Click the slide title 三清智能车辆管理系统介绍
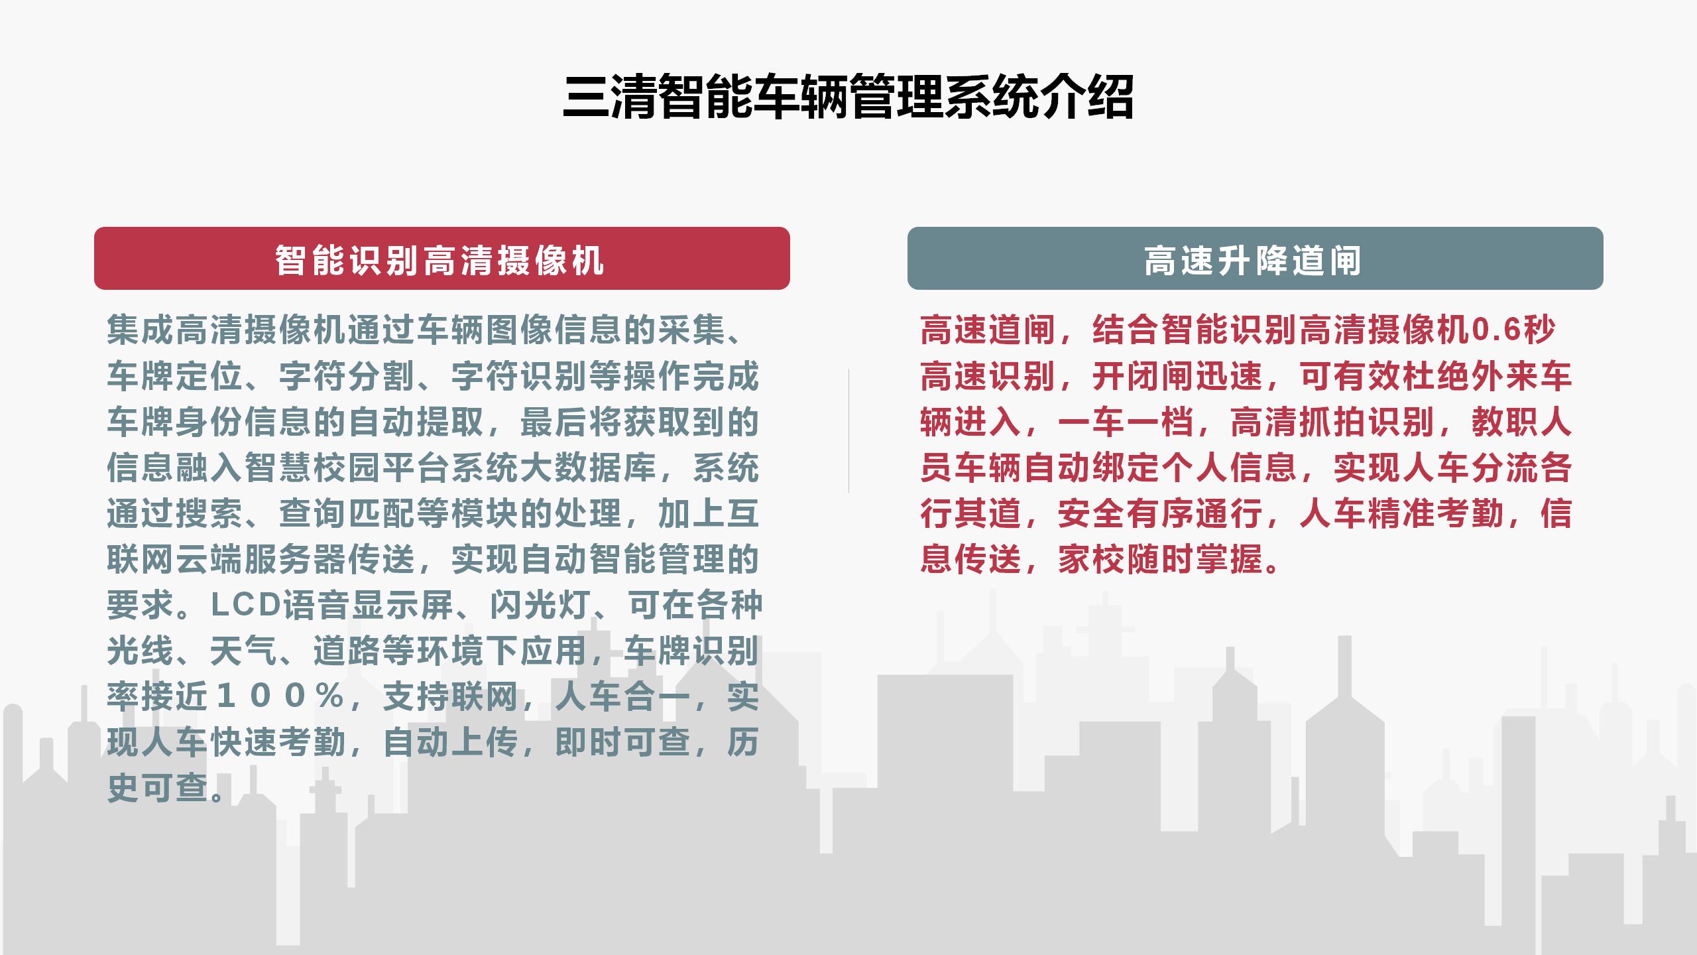848,97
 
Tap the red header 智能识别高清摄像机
441,259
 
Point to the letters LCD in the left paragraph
247,604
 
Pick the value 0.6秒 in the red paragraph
1513,329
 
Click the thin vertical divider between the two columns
848,430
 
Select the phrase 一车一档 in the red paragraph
1126,422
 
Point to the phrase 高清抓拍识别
1333,422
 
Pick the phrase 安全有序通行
1161,513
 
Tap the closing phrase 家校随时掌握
1161,559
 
